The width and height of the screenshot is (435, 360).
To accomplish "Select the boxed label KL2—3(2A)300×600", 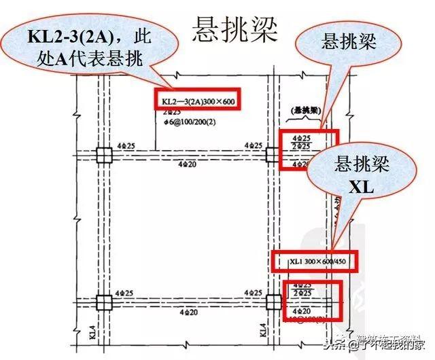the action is tap(197, 102).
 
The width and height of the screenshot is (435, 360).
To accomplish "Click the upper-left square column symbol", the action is tap(103, 156).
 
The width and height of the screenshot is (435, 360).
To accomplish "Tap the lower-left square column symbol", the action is tap(103, 302).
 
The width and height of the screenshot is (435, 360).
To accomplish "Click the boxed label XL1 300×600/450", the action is tap(310, 262).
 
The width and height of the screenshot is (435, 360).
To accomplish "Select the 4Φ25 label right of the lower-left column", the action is tap(124, 293).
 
